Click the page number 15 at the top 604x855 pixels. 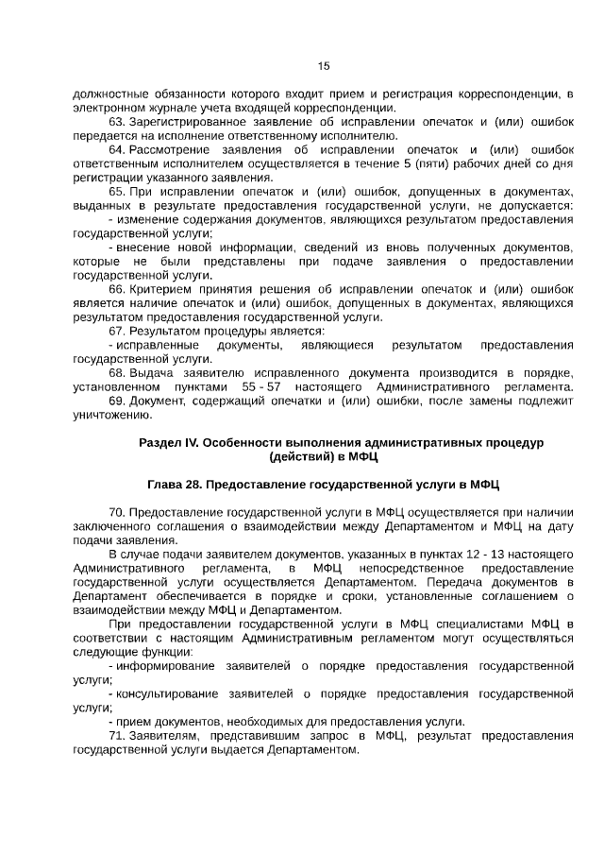point(323,66)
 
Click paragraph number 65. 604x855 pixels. point(116,191)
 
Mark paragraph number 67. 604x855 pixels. point(116,331)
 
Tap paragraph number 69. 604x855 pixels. point(116,401)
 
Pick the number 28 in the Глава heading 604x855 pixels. point(189,485)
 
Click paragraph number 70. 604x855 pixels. point(116,512)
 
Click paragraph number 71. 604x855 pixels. point(116,735)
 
